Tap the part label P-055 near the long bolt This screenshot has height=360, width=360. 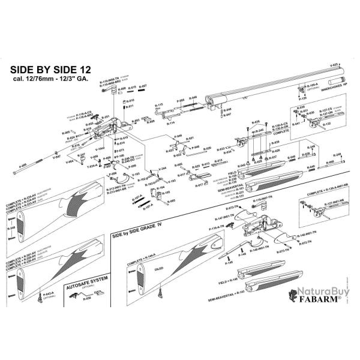tap(22, 164)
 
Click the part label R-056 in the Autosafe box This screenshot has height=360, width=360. tap(87, 298)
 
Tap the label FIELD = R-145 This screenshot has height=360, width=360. tap(235, 279)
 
